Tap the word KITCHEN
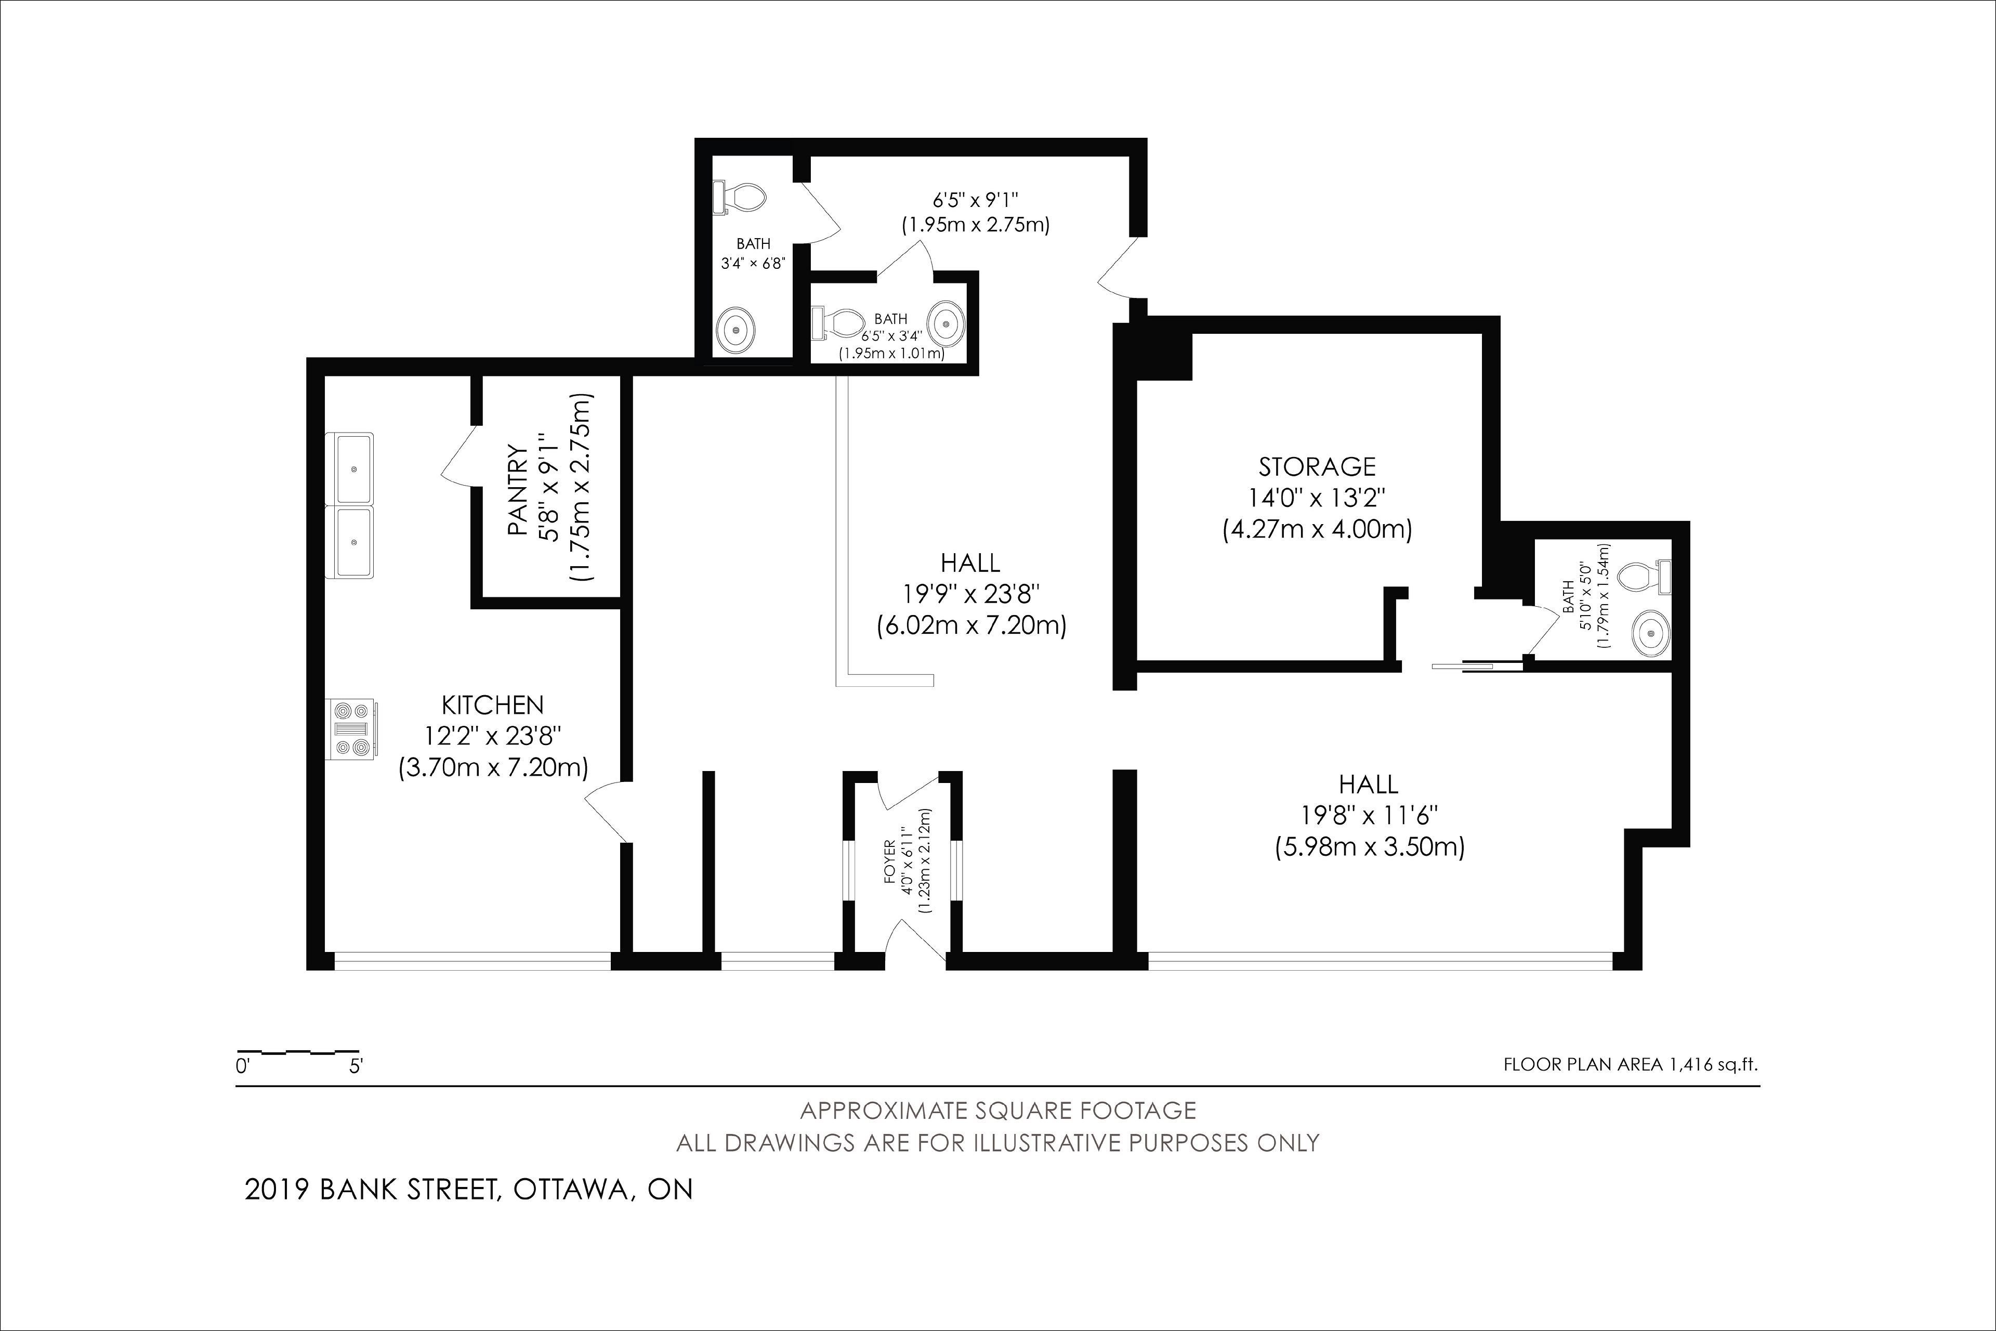492,704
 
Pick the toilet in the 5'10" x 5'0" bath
1645,577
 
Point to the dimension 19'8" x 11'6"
1369,816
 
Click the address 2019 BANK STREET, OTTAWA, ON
468,1189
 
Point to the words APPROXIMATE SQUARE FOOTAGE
998,1111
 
